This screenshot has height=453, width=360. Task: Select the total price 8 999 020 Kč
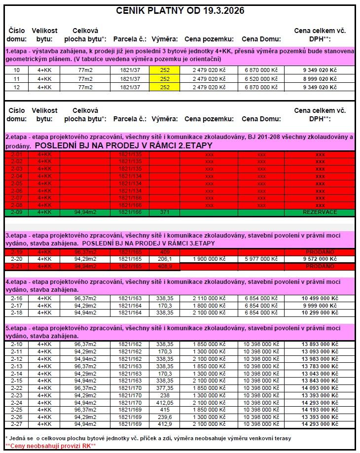[x=320, y=78]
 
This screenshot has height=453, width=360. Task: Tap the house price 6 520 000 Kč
[x=261, y=78]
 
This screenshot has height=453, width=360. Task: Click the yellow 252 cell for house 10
[x=165, y=70]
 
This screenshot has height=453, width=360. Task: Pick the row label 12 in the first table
[x=16, y=87]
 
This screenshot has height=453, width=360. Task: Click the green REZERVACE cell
[x=320, y=211]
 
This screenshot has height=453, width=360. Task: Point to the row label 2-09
[x=16, y=211]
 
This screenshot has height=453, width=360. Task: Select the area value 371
[x=165, y=211]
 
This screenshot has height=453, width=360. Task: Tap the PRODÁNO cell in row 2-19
[x=320, y=251]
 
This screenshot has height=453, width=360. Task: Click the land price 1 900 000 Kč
[x=209, y=259]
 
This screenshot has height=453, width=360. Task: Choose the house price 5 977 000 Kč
[x=261, y=259]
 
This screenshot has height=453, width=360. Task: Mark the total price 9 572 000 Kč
[x=320, y=259]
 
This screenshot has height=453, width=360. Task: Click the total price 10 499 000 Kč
[x=320, y=298]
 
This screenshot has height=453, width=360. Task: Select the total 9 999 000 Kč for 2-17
[x=320, y=306]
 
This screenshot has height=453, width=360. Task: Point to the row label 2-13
[x=16, y=366]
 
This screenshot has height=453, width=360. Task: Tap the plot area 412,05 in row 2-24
[x=165, y=402]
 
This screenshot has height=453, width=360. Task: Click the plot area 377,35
[x=165, y=388]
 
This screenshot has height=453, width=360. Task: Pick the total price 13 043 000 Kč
[x=320, y=374]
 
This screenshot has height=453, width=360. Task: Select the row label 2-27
[x=16, y=424]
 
